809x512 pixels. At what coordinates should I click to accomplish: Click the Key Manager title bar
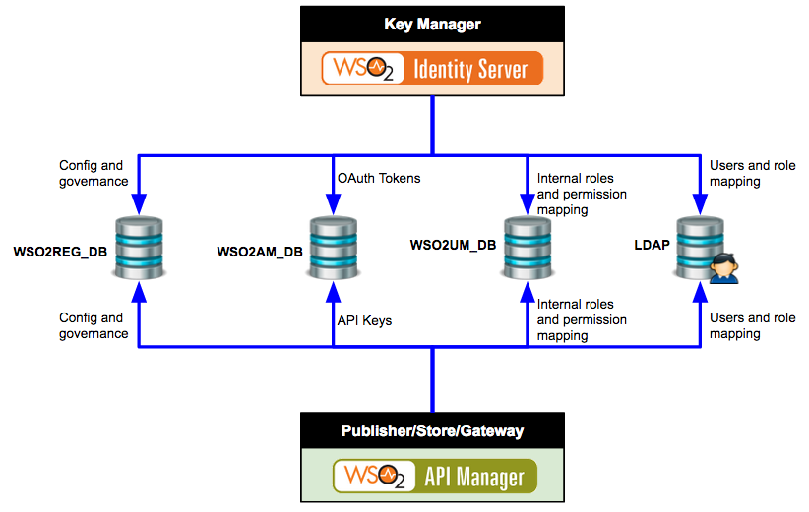(x=433, y=23)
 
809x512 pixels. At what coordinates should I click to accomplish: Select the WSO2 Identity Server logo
(x=433, y=70)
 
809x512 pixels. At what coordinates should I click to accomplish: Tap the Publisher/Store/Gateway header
(x=432, y=429)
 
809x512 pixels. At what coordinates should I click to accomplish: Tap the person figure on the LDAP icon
(x=724, y=267)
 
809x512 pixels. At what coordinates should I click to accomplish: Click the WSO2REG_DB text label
(x=60, y=252)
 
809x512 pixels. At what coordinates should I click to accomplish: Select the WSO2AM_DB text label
(x=260, y=252)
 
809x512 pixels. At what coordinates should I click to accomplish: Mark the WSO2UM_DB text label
(x=453, y=244)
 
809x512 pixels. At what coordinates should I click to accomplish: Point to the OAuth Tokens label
(x=379, y=178)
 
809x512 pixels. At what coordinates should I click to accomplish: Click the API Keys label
(x=365, y=320)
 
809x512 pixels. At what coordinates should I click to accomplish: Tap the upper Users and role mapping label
(x=753, y=173)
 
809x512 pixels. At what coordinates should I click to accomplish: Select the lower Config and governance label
(x=93, y=325)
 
